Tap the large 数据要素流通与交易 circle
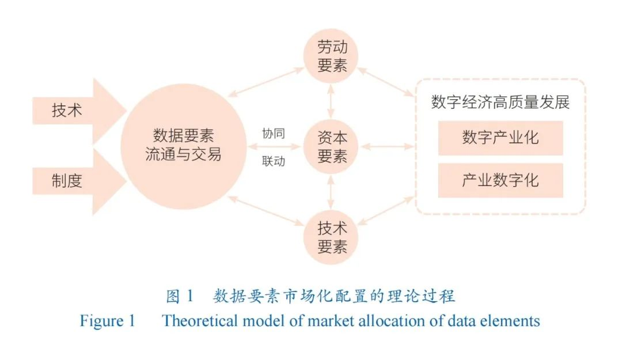(x=184, y=146)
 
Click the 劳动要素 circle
(x=331, y=56)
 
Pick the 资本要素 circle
(x=331, y=146)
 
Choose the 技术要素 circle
(x=331, y=237)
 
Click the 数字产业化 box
(x=500, y=138)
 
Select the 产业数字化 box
(x=500, y=180)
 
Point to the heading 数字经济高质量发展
(x=500, y=102)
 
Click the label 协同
(x=274, y=134)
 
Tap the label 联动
(x=274, y=161)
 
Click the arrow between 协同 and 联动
(x=274, y=147)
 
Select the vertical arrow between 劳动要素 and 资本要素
(x=331, y=101)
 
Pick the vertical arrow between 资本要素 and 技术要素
(x=331, y=192)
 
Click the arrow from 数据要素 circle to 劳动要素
(x=266, y=82)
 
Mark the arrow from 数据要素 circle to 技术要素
(x=266, y=211)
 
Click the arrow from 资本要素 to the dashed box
(x=388, y=147)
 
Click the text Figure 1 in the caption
(x=108, y=321)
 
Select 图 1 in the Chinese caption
(x=180, y=296)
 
